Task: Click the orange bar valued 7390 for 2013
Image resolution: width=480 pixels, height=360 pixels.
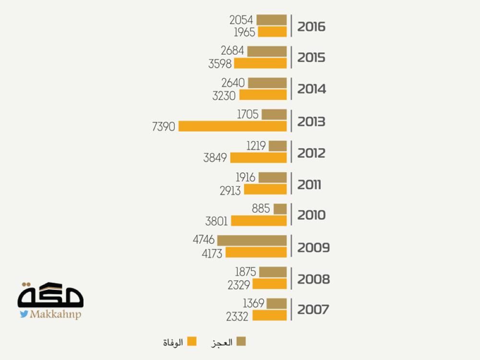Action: [x=233, y=126]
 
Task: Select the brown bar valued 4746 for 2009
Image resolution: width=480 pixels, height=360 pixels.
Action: [x=252, y=240]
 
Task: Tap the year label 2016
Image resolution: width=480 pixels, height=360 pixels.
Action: [x=311, y=26]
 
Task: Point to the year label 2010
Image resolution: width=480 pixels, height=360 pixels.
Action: [x=311, y=215]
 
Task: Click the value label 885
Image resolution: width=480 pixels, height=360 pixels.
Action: [x=261, y=209]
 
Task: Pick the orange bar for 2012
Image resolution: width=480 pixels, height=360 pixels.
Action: [x=258, y=158]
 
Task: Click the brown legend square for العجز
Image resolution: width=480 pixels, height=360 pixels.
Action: [x=242, y=341]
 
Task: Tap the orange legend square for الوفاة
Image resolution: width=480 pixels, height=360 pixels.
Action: [x=192, y=341]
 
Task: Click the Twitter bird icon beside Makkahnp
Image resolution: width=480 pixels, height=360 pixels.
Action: [x=24, y=314]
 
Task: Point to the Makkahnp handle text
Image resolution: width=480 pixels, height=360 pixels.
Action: [x=55, y=314]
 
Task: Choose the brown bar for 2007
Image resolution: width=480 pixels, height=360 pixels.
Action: [x=277, y=303]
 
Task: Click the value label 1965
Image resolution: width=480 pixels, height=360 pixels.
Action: [x=244, y=32]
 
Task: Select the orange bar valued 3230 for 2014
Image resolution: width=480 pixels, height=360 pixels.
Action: [x=263, y=95]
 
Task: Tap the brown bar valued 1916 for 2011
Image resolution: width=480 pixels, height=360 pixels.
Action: [x=273, y=178]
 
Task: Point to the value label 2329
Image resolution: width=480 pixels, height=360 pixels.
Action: [x=239, y=285]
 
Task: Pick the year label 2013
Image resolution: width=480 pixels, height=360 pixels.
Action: [x=311, y=121]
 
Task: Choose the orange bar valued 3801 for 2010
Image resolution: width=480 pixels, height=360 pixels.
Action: [x=259, y=221]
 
